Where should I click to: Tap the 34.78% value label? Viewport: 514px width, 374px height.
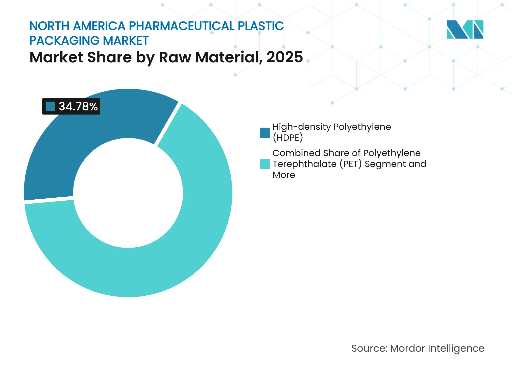click(78, 106)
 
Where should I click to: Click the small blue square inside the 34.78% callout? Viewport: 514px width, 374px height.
click(50, 106)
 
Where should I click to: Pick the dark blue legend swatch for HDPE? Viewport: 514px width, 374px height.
click(265, 132)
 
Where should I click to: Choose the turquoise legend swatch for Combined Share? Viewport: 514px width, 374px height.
click(265, 164)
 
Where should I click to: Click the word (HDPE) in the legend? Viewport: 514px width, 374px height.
click(287, 138)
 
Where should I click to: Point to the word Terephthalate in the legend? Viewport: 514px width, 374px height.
click(304, 164)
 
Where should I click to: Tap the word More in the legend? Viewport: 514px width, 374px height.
click(284, 175)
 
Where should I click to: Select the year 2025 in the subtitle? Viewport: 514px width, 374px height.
click(284, 57)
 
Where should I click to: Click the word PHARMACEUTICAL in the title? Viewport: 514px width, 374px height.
click(182, 26)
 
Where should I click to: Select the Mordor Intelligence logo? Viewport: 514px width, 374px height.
click(465, 29)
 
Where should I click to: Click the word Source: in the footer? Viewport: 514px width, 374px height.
click(369, 348)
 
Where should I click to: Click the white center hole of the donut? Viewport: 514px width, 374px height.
click(128, 193)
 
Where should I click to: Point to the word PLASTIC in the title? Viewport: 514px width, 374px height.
click(261, 26)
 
